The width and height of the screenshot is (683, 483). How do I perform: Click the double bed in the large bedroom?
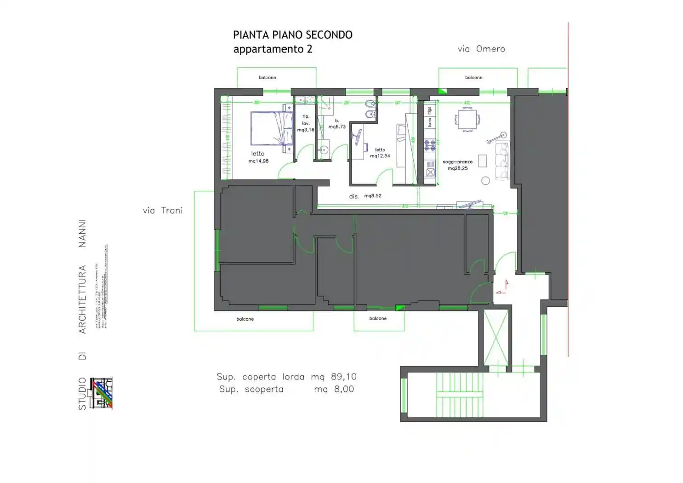pyautogui.click(x=271, y=128)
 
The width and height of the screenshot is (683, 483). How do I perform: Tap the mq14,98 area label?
pyautogui.click(x=258, y=161)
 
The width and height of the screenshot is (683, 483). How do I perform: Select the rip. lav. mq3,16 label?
pyautogui.click(x=306, y=123)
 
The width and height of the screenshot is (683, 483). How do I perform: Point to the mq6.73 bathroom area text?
pyautogui.click(x=337, y=126)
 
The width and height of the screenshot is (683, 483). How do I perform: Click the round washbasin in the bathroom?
pyautogui.click(x=324, y=150)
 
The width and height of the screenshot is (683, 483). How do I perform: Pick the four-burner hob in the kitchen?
pyautogui.click(x=430, y=145)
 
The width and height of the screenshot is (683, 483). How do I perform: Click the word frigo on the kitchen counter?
pyautogui.click(x=430, y=110)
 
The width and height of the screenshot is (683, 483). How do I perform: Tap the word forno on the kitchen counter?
pyautogui.click(x=430, y=122)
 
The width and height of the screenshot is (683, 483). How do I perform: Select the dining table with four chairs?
pyautogui.click(x=467, y=120)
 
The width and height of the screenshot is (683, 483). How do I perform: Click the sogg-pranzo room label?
pyautogui.click(x=457, y=162)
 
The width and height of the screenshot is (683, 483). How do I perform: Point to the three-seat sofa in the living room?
pyautogui.click(x=502, y=161)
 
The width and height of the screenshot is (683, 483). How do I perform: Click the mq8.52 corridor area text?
pyautogui.click(x=373, y=195)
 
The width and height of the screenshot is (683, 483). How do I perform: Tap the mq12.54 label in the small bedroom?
pyautogui.click(x=380, y=155)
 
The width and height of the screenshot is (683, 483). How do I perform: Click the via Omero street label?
pyautogui.click(x=481, y=49)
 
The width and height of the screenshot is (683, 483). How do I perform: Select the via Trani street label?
pyautogui.click(x=162, y=210)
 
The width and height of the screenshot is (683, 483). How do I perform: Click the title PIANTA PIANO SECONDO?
pyautogui.click(x=292, y=35)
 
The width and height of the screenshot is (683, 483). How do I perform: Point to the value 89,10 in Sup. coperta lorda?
pyautogui.click(x=343, y=377)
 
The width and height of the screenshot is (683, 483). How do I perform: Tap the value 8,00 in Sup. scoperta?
pyautogui.click(x=344, y=389)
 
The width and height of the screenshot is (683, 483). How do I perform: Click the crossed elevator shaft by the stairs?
pyautogui.click(x=496, y=337)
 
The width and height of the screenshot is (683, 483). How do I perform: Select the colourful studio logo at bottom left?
pyautogui.click(x=102, y=394)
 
